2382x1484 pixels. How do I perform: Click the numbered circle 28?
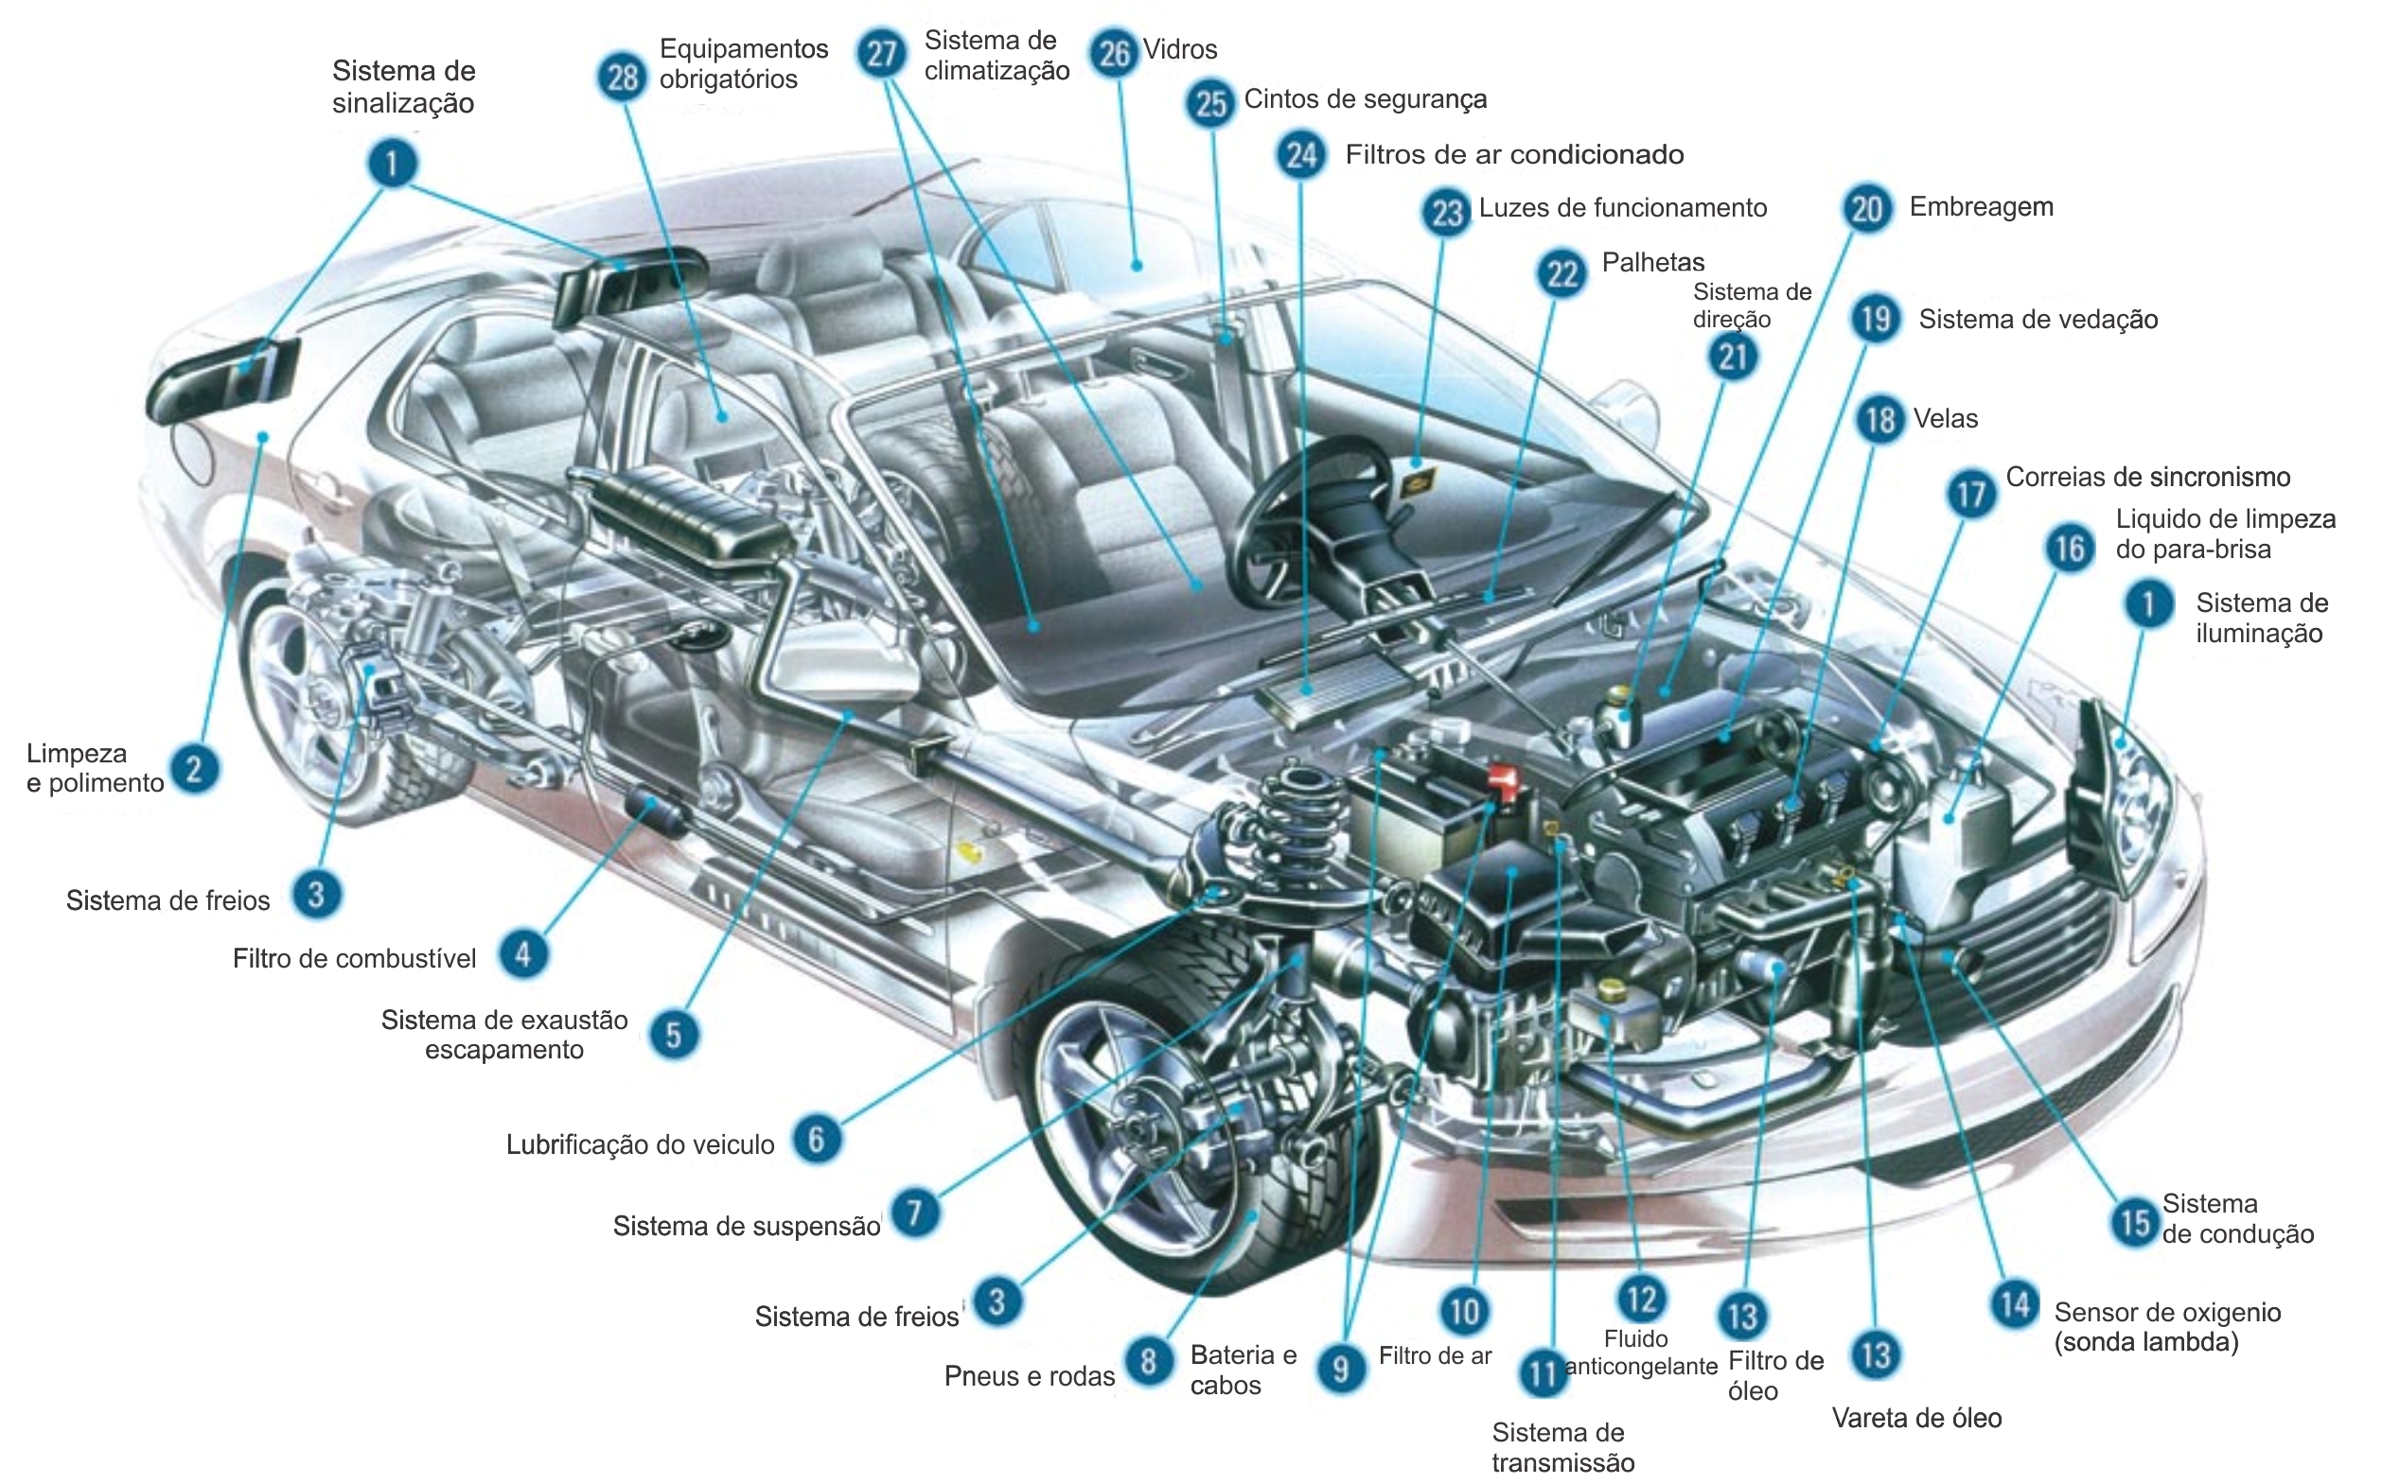[x=623, y=77]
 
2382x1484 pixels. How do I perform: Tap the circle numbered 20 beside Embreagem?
[x=1866, y=208]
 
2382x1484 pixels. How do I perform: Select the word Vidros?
[x=1180, y=49]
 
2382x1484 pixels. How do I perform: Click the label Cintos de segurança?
[x=1365, y=99]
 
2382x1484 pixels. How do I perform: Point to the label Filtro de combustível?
[x=354, y=959]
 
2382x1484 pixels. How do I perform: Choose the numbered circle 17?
[x=1970, y=493]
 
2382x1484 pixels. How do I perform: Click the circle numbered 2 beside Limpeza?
[x=194, y=769]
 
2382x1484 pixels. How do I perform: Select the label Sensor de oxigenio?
[x=2167, y=1326]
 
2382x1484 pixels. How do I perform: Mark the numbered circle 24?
[x=1302, y=154]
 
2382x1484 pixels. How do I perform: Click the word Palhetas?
[x=1653, y=262]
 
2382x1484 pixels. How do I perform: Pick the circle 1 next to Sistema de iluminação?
[x=2148, y=603]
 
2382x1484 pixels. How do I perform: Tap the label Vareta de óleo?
[x=1916, y=1418]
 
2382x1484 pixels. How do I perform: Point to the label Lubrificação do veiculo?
[x=640, y=1144]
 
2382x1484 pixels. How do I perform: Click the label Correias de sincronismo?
[x=2147, y=477]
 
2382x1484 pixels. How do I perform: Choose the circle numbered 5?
[x=674, y=1035]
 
